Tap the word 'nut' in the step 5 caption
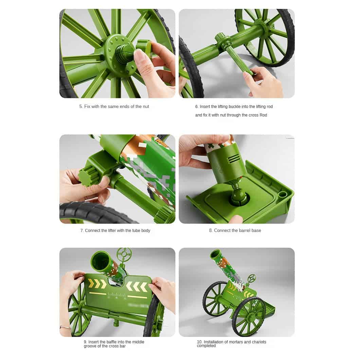coord(146,107)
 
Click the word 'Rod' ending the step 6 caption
coord(263,115)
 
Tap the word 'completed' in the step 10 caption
coord(206,346)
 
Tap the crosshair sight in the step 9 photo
coord(124,254)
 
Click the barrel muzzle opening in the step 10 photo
coord(215,254)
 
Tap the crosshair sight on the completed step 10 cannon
coord(252,278)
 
